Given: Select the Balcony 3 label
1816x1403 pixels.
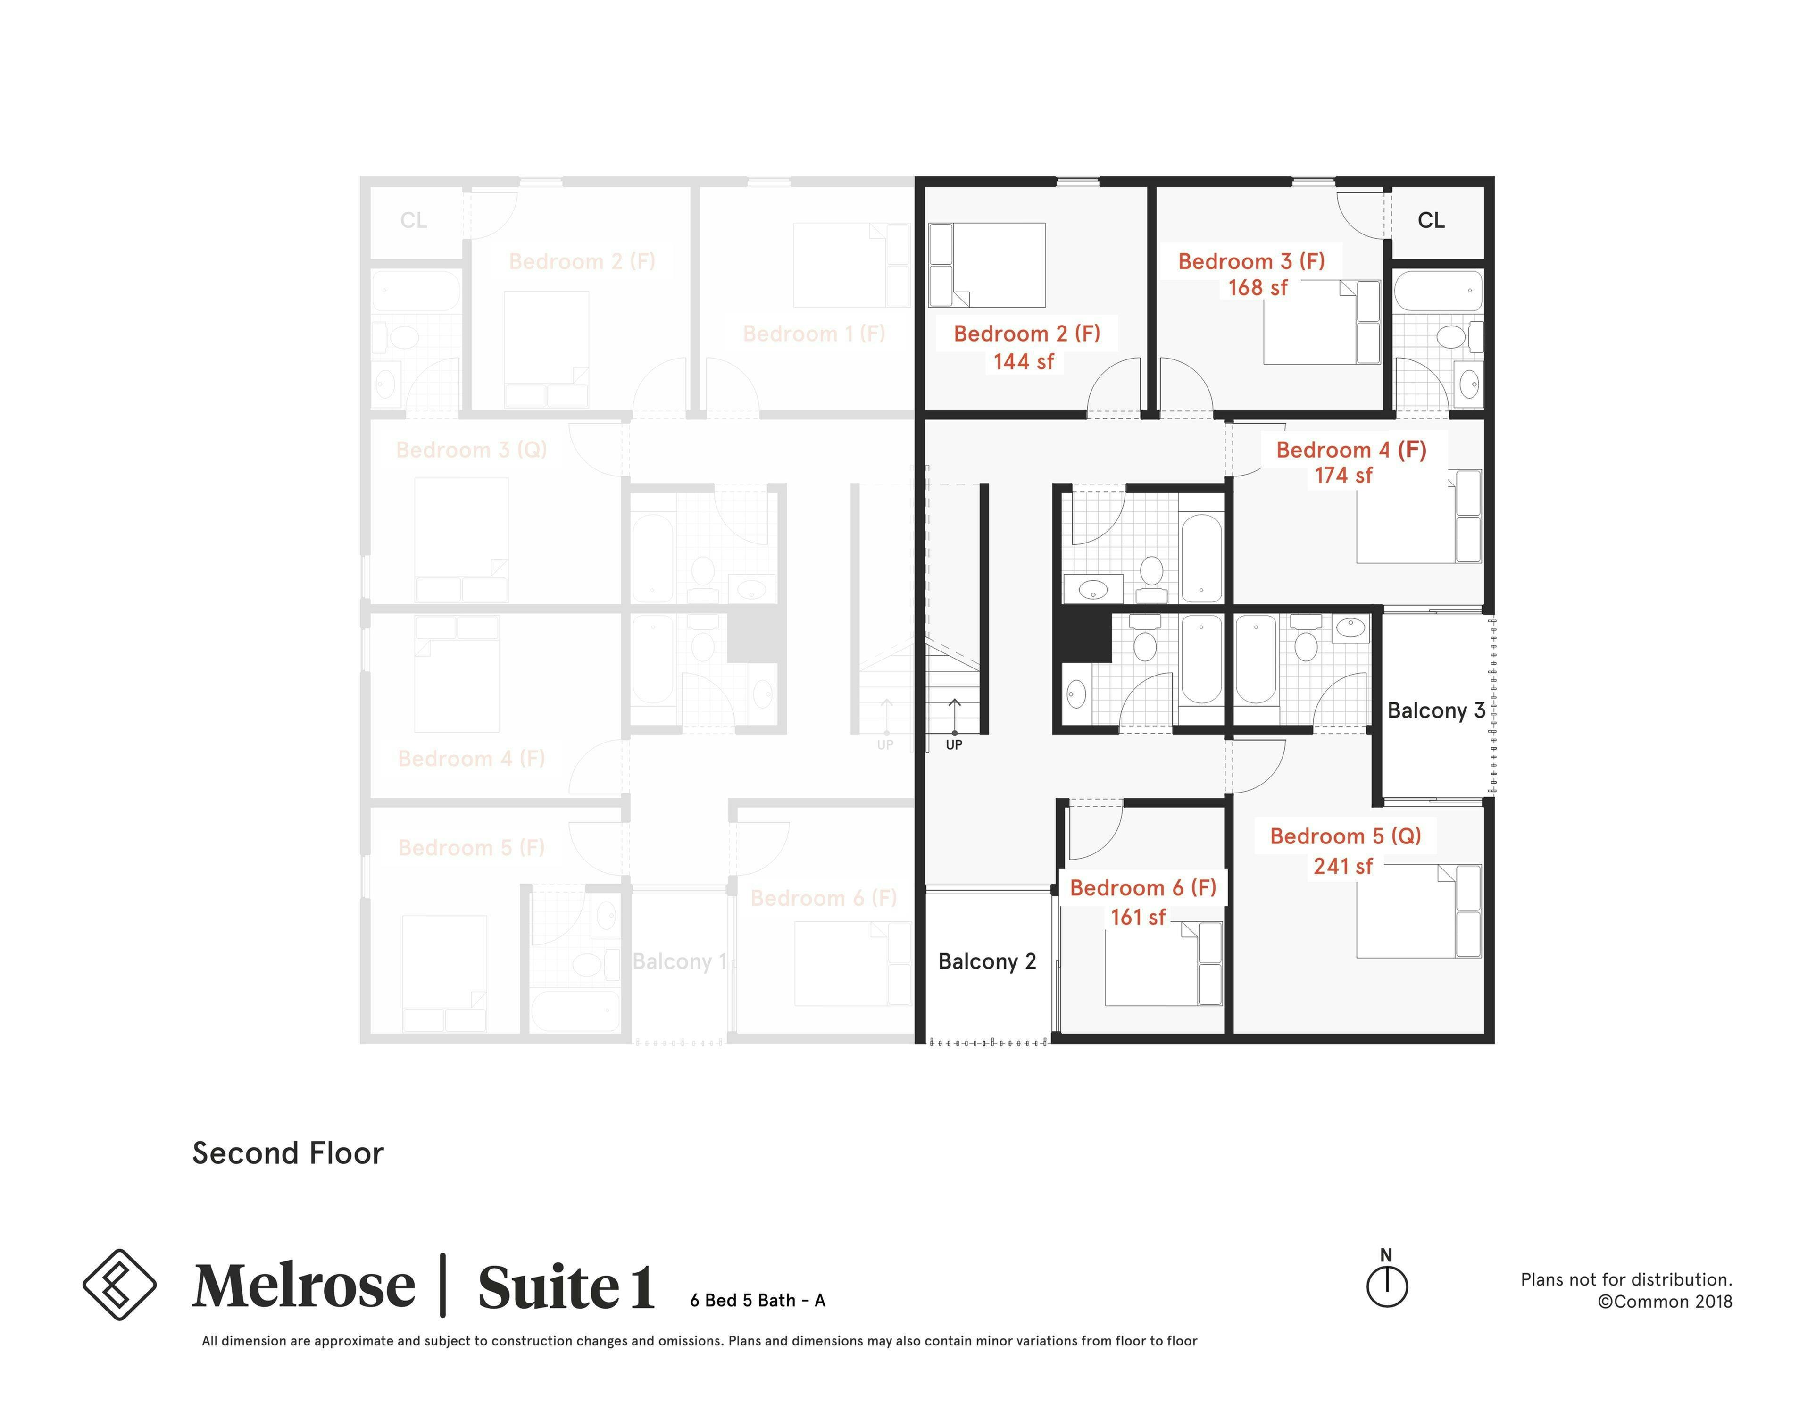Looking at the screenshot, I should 1435,710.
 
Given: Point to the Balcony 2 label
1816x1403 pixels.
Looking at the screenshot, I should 986,961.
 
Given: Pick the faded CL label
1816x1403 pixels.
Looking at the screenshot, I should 413,220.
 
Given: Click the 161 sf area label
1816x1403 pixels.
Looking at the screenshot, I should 1138,917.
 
